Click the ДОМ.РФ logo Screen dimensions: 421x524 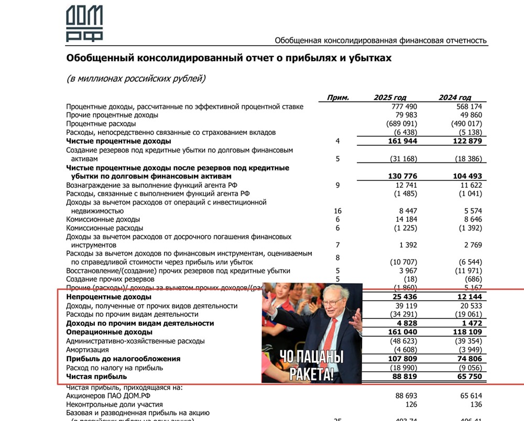pos(84,24)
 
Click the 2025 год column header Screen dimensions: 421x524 pos(390,98)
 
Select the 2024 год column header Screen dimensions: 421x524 pos(455,98)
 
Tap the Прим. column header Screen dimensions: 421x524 pos(337,98)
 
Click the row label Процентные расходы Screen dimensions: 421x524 pos(101,124)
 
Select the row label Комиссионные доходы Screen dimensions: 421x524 pos(103,220)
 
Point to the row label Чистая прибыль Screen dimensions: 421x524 pos(96,376)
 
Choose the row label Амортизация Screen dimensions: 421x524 pos(88,350)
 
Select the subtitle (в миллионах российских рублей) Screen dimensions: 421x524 pos(136,79)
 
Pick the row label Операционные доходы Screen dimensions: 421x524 pos(109,332)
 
